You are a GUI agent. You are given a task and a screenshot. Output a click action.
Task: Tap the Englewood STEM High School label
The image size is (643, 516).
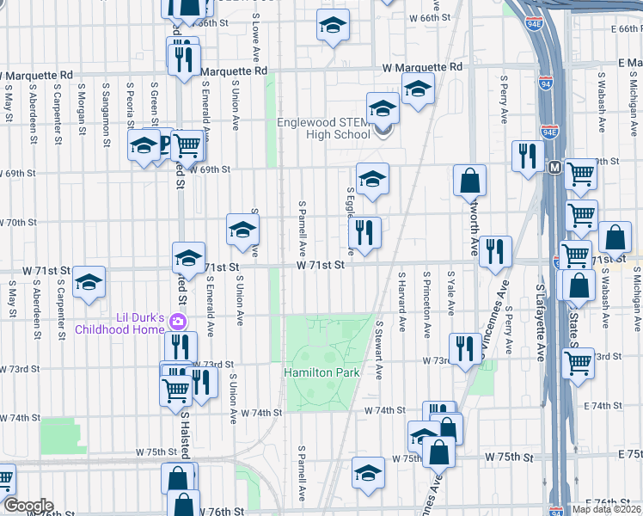tap(324, 128)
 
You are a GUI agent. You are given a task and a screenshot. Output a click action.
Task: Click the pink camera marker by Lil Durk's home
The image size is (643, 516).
tap(178, 322)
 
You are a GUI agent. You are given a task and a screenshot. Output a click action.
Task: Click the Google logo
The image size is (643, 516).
tap(28, 506)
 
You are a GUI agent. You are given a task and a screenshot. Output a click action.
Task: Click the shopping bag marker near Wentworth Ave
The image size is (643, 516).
tap(470, 181)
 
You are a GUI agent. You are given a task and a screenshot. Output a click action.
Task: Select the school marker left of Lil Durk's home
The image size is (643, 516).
tap(89, 282)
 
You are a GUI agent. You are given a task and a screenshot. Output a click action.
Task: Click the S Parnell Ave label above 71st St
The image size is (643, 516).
tap(303, 230)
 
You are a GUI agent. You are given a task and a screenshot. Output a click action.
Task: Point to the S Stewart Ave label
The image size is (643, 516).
tap(378, 351)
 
